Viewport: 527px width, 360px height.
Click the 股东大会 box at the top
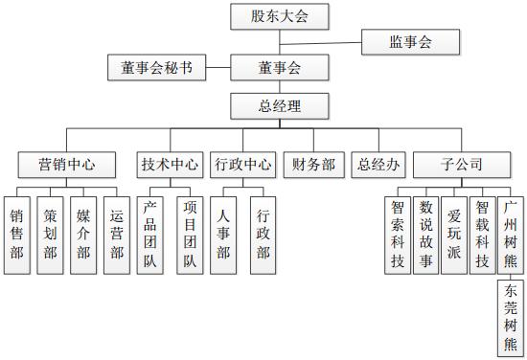coord(279,16)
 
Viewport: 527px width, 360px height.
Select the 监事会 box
coord(410,42)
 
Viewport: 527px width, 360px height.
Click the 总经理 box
coord(279,104)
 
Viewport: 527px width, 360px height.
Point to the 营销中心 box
coord(67,164)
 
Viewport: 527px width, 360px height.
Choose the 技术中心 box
coord(171,164)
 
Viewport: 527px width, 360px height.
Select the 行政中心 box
coord(242,164)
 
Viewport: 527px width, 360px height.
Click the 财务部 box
coord(313,164)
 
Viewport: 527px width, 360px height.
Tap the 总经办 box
coord(377,164)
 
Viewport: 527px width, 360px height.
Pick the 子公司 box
coord(461,164)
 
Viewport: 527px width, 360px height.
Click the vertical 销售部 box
coord(16,234)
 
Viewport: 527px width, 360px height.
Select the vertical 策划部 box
coord(50,234)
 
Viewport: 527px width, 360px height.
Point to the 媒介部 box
coord(83,234)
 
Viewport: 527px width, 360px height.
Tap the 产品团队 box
coord(150,234)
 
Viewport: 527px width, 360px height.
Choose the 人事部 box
coord(223,234)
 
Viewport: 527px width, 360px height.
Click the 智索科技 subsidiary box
coord(400,234)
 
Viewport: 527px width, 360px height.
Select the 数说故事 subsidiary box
coord(427,234)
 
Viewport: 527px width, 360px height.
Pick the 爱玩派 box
coord(455,234)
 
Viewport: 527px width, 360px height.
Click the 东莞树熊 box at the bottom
coord(511,316)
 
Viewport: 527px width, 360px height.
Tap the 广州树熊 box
coord(511,234)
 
